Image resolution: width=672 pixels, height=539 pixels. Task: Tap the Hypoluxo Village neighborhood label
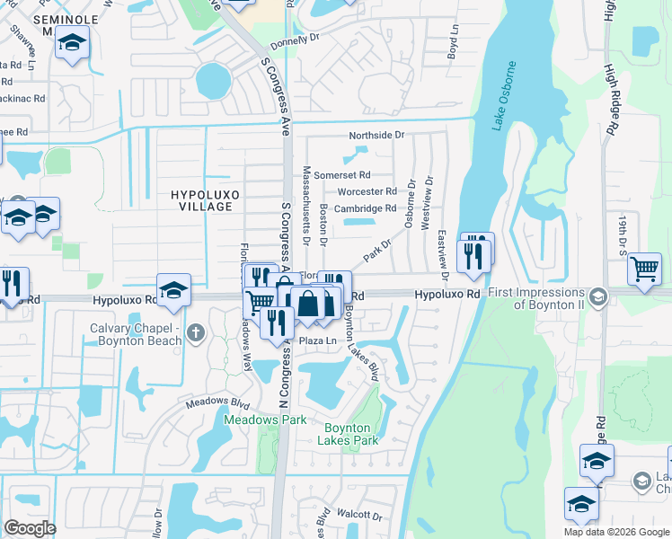click(x=201, y=199)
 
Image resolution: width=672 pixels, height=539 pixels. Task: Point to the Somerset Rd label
click(x=341, y=174)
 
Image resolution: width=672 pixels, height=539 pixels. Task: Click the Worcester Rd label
click(x=367, y=191)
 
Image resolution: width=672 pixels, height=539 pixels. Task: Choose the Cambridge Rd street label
click(x=365, y=208)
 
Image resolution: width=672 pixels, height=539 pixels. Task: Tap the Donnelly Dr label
click(x=295, y=40)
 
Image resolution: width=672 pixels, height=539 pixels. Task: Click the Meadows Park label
click(x=265, y=420)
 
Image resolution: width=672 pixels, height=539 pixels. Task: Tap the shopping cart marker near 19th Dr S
click(x=644, y=269)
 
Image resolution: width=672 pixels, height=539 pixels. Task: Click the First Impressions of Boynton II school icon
click(x=597, y=296)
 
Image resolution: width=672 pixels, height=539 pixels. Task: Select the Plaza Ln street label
click(x=317, y=341)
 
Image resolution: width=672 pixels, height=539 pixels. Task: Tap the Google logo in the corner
click(x=30, y=527)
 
